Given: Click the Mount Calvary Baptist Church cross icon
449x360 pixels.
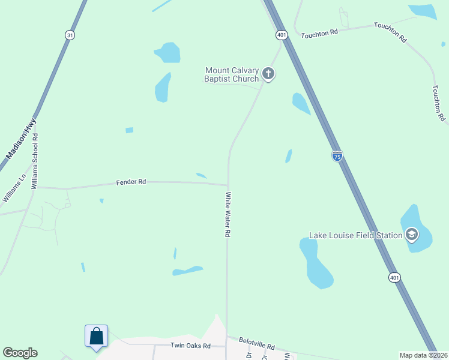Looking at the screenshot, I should [268, 74].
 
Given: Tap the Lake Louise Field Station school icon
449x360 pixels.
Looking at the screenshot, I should [412, 235].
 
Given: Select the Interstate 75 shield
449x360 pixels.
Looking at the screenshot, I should [337, 156].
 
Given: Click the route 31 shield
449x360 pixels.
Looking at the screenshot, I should [70, 35].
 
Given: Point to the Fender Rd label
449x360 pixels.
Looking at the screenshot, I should [131, 181].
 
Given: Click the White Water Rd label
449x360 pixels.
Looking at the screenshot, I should [228, 214].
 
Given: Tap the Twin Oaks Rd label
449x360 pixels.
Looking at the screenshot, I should [190, 346].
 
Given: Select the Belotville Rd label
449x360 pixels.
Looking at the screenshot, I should [256, 344].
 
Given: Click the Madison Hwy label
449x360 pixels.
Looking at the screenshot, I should [21, 139].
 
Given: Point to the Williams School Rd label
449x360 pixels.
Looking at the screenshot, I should [35, 161].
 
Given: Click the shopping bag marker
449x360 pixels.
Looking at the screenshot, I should [96, 337].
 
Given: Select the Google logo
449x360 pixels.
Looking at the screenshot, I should [20, 353].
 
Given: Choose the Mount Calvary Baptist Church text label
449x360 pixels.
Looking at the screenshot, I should [232, 74].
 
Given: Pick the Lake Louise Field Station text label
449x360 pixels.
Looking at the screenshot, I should [355, 235].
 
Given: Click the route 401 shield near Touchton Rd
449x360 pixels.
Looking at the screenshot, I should [282, 35].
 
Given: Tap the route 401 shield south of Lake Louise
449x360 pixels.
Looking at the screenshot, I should [393, 277].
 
